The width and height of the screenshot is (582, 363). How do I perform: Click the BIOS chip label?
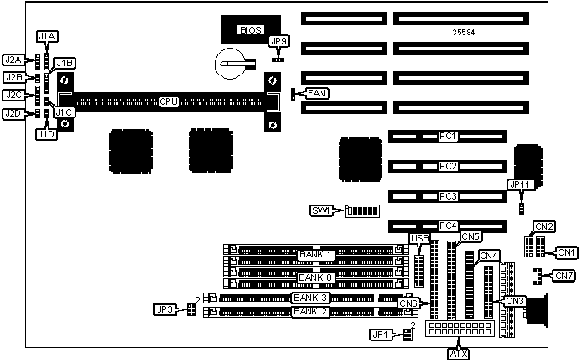click(x=251, y=30)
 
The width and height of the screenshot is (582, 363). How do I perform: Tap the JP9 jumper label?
click(x=278, y=40)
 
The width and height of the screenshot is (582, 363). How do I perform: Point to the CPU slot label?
click(x=169, y=102)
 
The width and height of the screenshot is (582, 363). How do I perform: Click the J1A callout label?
click(x=47, y=36)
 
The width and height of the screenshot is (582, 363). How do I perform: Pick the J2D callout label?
click(x=13, y=114)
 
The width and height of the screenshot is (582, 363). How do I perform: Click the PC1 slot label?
click(x=448, y=136)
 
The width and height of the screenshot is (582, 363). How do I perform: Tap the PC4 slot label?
click(x=448, y=226)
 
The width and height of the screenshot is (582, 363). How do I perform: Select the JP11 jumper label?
click(x=521, y=184)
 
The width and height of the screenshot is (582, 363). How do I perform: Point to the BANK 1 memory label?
click(x=316, y=254)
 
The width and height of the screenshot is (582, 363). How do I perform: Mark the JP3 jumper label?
click(x=164, y=310)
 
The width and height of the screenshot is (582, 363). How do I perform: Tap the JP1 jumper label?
click(x=381, y=335)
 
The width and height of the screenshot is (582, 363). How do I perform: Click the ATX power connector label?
click(x=459, y=354)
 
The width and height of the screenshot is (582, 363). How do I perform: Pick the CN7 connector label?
click(x=565, y=275)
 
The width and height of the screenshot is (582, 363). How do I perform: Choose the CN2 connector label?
click(x=544, y=226)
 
